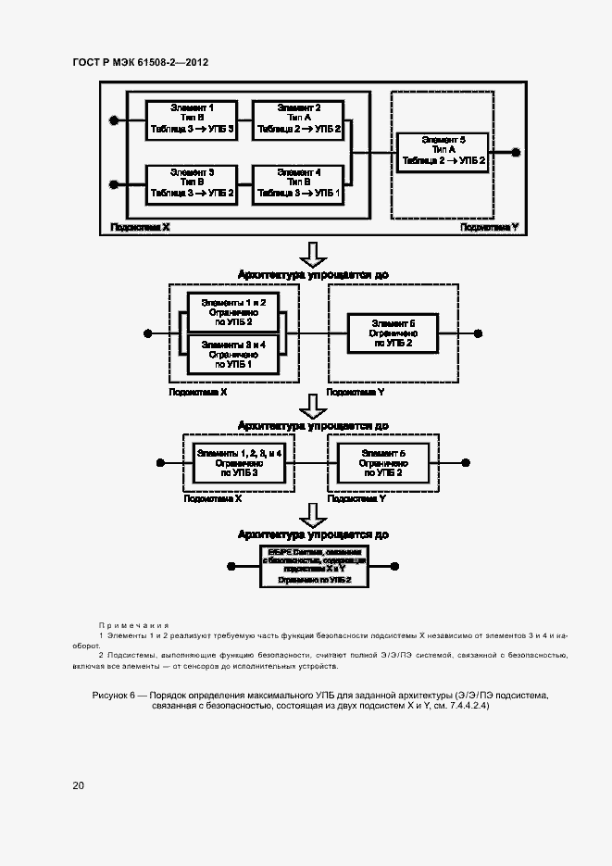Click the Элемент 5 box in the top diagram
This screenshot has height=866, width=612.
coord(443,150)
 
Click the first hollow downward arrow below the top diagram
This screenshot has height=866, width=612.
coord(316,254)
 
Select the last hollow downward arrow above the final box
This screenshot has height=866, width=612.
coord(316,514)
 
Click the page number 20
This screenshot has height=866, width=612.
coord(79,785)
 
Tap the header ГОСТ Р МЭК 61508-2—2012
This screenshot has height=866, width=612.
coord(140,63)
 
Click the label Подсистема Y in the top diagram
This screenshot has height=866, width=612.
coord(489,226)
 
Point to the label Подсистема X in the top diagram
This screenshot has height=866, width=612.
coord(140,226)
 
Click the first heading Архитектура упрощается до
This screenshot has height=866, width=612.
coord(313,274)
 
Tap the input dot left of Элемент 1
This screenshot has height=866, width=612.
coord(114,120)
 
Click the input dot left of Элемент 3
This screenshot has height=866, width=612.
coord(114,184)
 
